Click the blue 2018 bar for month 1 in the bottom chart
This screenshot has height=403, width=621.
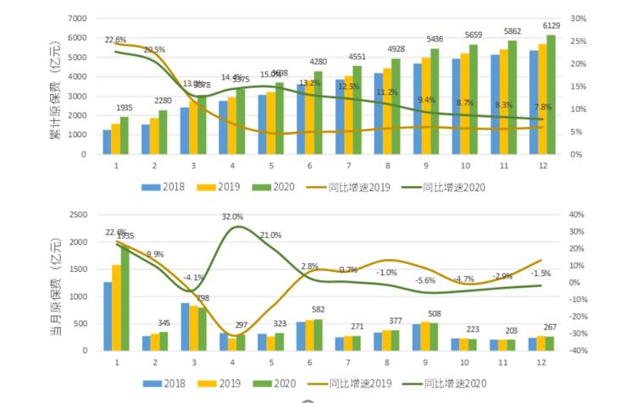point(108,316)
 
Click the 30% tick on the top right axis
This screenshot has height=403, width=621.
point(579,19)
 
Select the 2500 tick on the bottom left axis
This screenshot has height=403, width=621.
point(76,215)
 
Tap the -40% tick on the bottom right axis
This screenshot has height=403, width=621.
point(579,351)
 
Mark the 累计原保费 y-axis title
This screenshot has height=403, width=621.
point(55,86)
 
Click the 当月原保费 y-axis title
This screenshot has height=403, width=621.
point(55,283)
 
